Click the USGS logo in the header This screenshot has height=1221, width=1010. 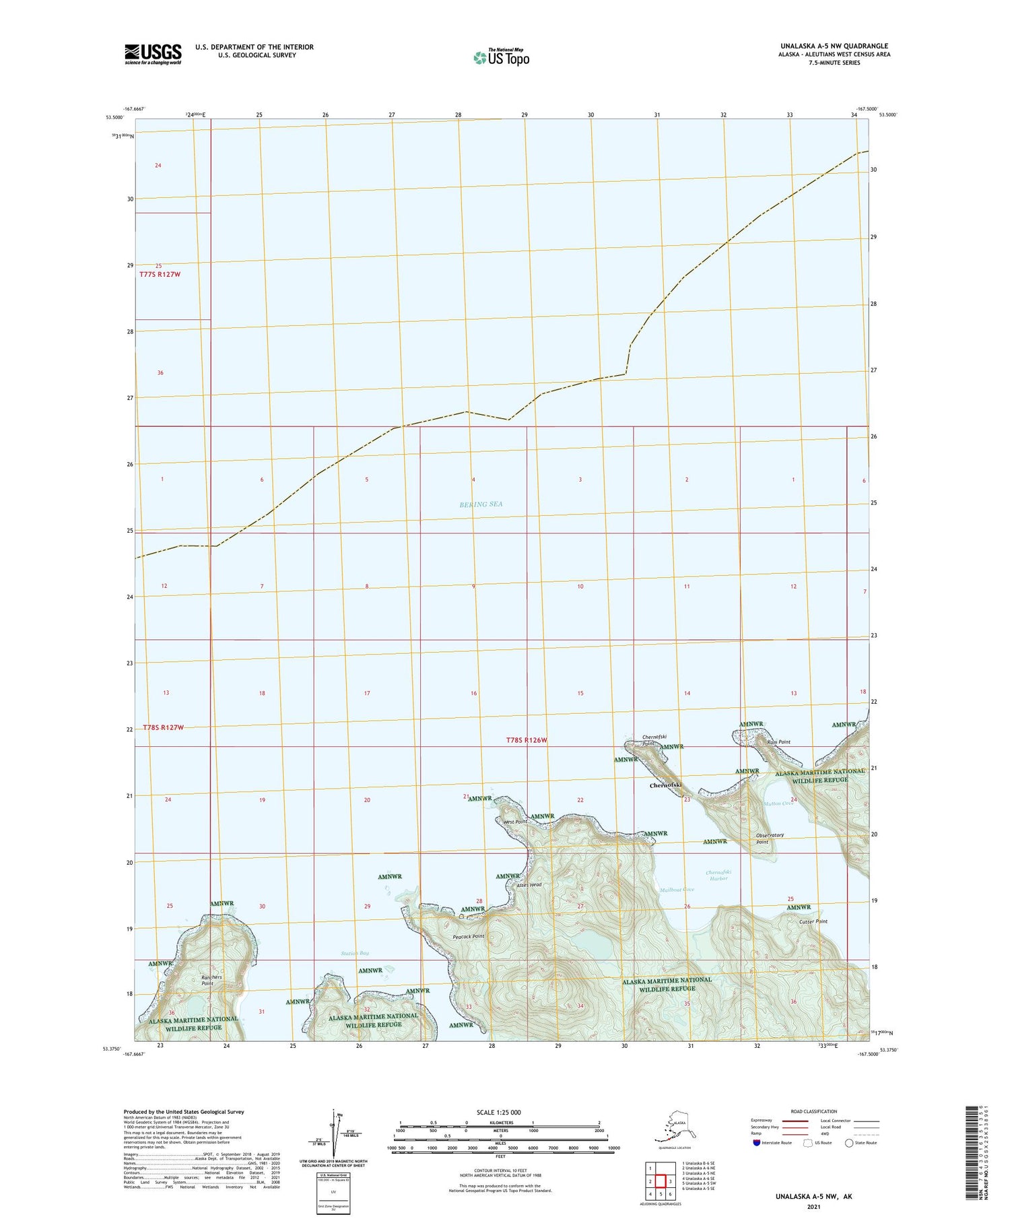pos(153,54)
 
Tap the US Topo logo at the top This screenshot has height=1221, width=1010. pos(502,57)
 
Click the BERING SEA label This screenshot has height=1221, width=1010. pos(481,504)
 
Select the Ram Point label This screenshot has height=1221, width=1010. pos(778,742)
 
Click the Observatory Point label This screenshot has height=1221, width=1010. pos(770,838)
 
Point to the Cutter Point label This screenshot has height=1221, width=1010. pos(813,921)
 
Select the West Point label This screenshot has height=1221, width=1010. pos(515,822)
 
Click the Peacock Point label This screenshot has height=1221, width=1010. pos(469,937)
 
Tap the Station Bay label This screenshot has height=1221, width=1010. pos(355,953)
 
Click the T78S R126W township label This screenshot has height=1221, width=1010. pos(527,740)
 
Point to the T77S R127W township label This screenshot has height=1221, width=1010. pos(160,275)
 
